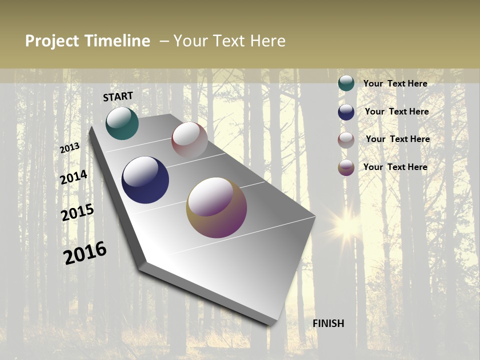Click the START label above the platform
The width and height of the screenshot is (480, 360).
pyautogui.click(x=118, y=96)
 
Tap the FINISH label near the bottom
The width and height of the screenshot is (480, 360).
pyautogui.click(x=328, y=323)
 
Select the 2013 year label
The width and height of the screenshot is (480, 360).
pyautogui.click(x=70, y=148)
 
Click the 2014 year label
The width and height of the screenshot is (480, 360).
pyautogui.click(x=74, y=177)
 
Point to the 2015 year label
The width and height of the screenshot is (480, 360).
pyautogui.click(x=77, y=212)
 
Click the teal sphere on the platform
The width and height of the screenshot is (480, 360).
pyautogui.click(x=122, y=123)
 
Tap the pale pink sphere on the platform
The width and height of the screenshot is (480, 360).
pyautogui.click(x=189, y=140)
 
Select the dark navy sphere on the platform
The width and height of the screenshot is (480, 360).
pyautogui.click(x=145, y=180)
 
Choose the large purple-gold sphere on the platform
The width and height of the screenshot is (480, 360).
pyautogui.click(x=216, y=207)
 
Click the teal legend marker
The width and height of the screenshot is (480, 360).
pyautogui.click(x=346, y=83)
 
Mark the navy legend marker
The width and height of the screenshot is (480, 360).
pyautogui.click(x=346, y=112)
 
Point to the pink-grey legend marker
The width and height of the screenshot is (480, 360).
pyautogui.click(x=346, y=140)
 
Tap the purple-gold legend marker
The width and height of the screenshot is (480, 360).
pyautogui.click(x=346, y=167)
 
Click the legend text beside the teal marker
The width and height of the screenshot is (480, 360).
pyautogui.click(x=395, y=83)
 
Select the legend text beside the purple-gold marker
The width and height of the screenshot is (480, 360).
pyautogui.click(x=395, y=167)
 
